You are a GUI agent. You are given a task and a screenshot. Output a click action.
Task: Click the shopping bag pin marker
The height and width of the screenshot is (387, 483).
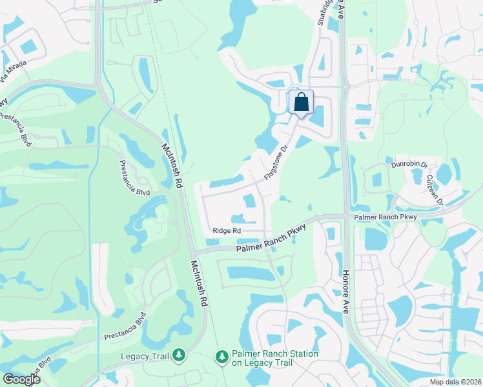(x=301, y=103)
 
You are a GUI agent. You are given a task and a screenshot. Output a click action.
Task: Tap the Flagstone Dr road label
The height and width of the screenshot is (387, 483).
(x=275, y=163)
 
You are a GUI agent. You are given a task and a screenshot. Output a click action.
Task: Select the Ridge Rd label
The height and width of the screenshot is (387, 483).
(x=226, y=230)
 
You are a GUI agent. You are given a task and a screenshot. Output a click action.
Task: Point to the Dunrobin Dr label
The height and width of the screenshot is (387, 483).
(x=409, y=165)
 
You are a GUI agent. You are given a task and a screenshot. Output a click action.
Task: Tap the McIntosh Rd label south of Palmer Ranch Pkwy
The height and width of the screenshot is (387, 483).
(x=199, y=283)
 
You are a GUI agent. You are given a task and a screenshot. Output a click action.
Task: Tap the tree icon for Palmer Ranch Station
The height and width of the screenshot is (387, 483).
(x=221, y=357)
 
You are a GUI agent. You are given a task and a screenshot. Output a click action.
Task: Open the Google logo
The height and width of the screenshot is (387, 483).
(x=22, y=379)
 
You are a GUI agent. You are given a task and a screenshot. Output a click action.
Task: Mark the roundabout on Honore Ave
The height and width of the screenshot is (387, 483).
(x=345, y=84)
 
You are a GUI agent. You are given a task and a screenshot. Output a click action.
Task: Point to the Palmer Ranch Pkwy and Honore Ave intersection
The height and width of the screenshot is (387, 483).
(x=345, y=216)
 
